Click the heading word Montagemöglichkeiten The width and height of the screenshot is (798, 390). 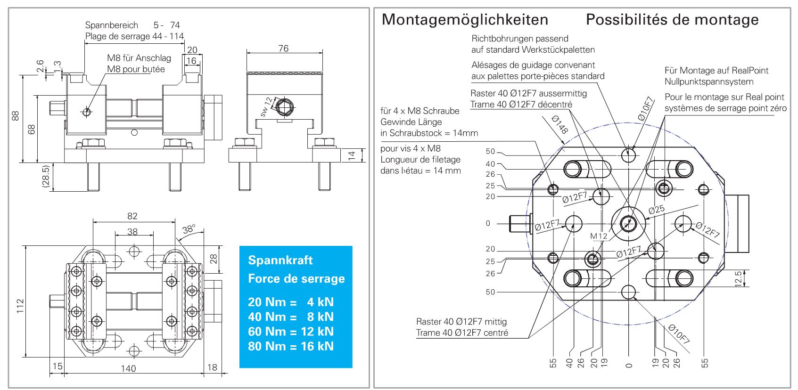tap(465, 20)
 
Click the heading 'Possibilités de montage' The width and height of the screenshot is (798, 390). tap(672, 20)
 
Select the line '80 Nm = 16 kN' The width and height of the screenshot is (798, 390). tap(291, 346)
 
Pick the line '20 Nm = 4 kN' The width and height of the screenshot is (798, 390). tap(291, 302)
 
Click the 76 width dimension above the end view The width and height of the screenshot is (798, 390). tap(283, 49)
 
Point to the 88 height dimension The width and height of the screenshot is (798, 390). tap(16, 116)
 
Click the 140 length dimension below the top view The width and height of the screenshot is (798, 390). tap(128, 368)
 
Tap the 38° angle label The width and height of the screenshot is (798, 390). tap(189, 229)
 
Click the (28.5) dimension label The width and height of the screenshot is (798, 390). tap(46, 177)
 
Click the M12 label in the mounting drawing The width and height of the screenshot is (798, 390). tap(599, 236)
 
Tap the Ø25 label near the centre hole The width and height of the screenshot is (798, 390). tap(656, 210)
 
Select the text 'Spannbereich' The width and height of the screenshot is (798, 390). tap(112, 25)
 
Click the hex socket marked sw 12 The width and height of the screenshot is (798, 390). tap(284, 107)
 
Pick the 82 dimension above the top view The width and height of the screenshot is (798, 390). tap(132, 216)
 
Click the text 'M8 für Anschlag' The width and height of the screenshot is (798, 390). tap(139, 58)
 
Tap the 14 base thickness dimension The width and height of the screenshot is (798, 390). tap(352, 156)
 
